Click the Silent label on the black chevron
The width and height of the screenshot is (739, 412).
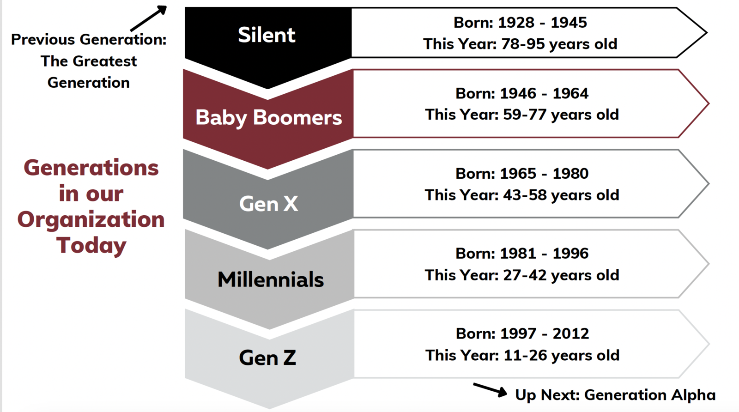pyautogui.click(x=267, y=35)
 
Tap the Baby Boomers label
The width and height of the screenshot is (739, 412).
pyautogui.click(x=269, y=117)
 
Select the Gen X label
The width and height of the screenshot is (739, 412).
pyautogui.click(x=268, y=204)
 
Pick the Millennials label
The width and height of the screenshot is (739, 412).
pyautogui.click(x=271, y=279)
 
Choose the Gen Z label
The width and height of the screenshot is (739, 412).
pyautogui.click(x=267, y=357)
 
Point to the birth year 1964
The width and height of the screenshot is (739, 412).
pyautogui.click(x=570, y=93)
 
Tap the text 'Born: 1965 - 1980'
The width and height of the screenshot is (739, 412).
pyautogui.click(x=522, y=174)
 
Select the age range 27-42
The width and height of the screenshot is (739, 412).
pyautogui.click(x=525, y=275)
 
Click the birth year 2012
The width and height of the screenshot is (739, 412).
pyautogui.click(x=571, y=333)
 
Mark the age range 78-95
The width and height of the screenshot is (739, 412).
pyautogui.click(x=523, y=44)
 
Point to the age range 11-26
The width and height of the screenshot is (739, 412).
pyautogui.click(x=525, y=355)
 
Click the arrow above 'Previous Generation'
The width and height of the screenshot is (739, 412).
pyautogui.click(x=148, y=18)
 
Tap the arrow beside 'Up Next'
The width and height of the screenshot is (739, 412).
pyautogui.click(x=490, y=389)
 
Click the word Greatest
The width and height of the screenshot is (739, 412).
pyautogui.click(x=104, y=61)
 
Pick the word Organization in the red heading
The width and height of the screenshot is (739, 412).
pyautogui.click(x=91, y=220)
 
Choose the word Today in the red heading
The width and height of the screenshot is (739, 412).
pyautogui.click(x=91, y=245)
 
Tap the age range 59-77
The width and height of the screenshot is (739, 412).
pyautogui.click(x=525, y=115)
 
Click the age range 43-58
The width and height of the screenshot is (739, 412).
pyautogui.click(x=525, y=195)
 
